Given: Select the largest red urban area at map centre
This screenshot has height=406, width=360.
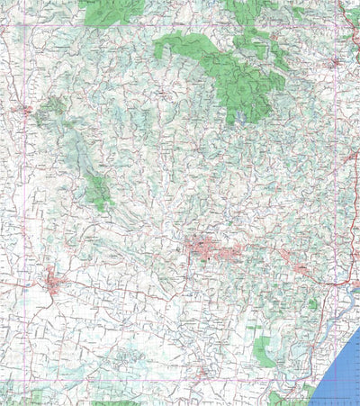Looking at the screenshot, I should (202, 248).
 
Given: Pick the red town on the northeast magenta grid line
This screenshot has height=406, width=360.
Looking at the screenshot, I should (334, 63).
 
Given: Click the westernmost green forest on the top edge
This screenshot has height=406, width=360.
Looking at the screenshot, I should (108, 11).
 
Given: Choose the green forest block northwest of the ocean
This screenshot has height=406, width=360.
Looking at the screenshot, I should (264, 351).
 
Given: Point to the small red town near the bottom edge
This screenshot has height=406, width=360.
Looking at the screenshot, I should (206, 371).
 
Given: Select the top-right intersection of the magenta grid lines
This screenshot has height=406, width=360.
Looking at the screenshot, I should (336, 26).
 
